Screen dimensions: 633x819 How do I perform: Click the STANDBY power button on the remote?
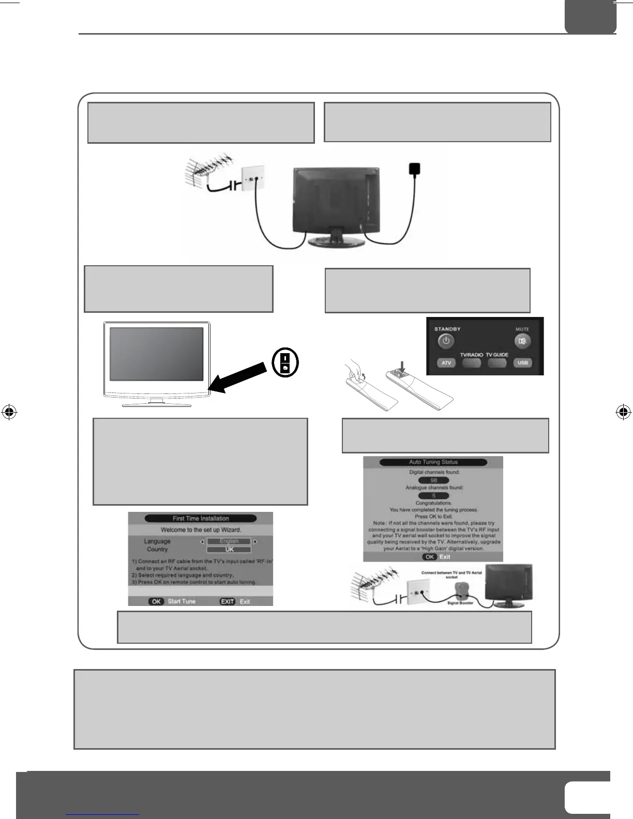click(446, 341)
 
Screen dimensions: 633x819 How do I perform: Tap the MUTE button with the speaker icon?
click(522, 341)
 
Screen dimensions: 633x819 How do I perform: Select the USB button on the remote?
click(522, 362)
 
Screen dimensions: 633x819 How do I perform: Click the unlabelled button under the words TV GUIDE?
click(496, 362)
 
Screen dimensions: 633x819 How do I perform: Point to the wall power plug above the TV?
click(414, 169)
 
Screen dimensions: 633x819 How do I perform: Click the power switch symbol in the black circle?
click(285, 362)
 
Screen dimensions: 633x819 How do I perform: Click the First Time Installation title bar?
click(201, 518)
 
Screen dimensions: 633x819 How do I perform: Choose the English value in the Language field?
click(229, 541)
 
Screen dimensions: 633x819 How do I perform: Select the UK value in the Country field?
click(229, 550)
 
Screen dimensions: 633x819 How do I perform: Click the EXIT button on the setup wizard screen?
click(227, 602)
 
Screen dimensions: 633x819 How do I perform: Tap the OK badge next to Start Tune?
click(156, 602)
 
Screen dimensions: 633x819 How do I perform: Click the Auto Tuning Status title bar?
click(433, 462)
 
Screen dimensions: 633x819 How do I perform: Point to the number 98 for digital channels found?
click(433, 480)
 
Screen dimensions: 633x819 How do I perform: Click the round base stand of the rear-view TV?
click(331, 240)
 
